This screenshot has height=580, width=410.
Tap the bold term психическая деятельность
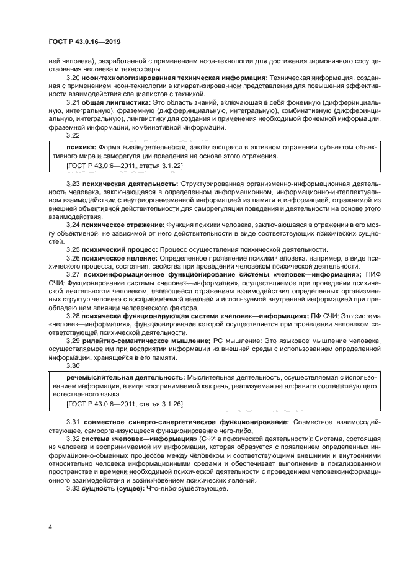point(131,184)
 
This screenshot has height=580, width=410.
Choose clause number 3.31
point(73,422)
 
